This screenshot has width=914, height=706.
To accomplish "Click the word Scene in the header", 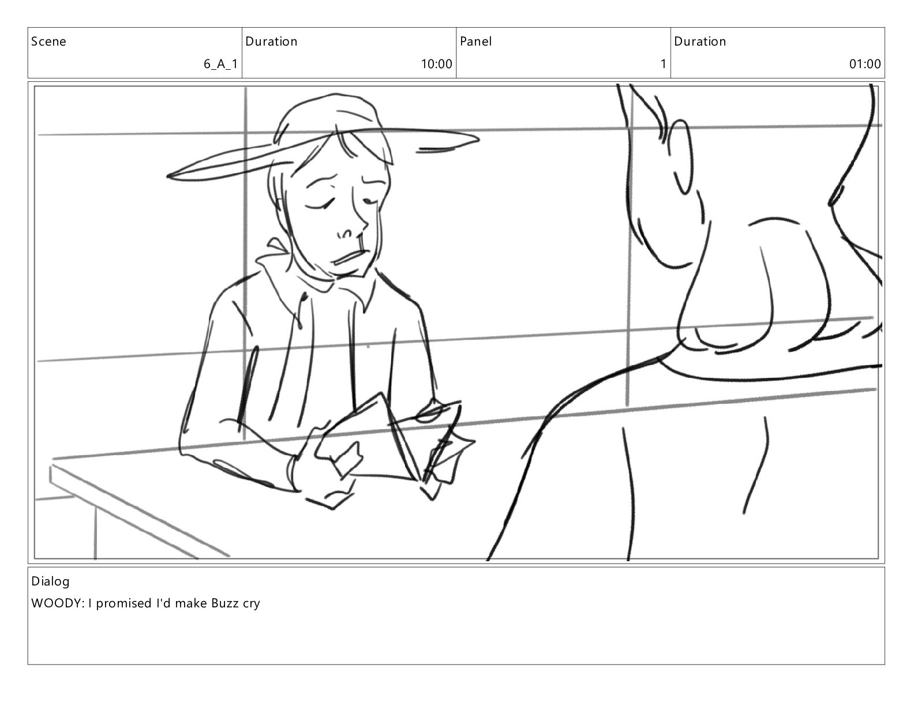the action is point(48,41).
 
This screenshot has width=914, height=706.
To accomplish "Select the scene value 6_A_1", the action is point(221,64).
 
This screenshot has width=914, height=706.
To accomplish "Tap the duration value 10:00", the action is point(437,64).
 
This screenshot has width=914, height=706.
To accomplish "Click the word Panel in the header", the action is point(475,41).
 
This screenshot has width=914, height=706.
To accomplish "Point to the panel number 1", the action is point(664,64).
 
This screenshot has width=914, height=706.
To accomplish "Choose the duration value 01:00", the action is point(865,64).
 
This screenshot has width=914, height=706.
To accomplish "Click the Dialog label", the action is point(50,582).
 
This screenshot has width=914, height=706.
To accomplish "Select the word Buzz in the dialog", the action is point(224,603).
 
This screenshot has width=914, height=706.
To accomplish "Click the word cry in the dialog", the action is point(251,604).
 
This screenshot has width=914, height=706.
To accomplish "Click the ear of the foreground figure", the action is point(682,156).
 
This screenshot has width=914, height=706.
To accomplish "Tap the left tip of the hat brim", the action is point(168,176).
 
